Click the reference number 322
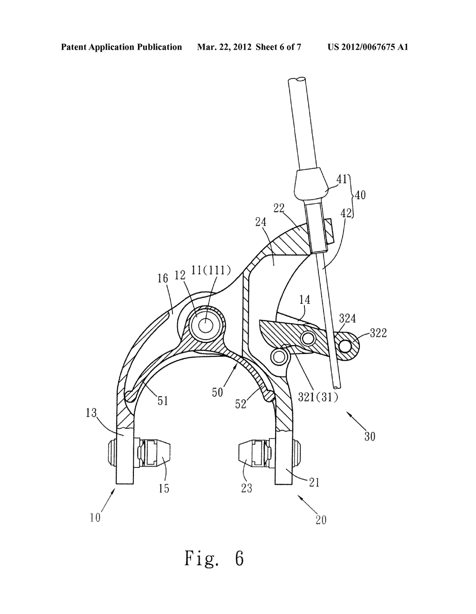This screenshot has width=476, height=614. click(378, 334)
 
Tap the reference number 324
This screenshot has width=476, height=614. click(347, 319)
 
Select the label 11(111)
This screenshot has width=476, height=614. click(211, 271)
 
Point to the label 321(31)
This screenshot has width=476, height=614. click(318, 398)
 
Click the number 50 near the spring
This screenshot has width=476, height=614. click(218, 393)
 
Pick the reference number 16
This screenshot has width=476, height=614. click(162, 279)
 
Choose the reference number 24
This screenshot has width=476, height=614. click(260, 222)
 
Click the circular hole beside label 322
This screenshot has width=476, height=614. click(346, 346)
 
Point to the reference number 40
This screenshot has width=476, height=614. click(360, 195)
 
